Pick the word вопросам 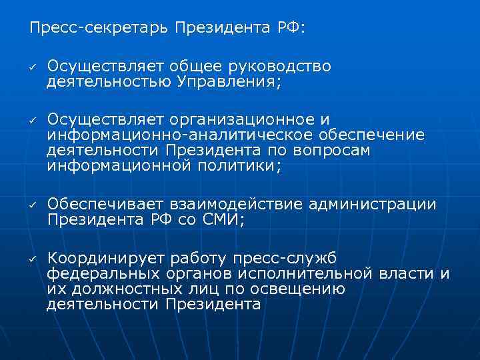[x=331, y=151]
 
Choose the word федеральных [x=103, y=273]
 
